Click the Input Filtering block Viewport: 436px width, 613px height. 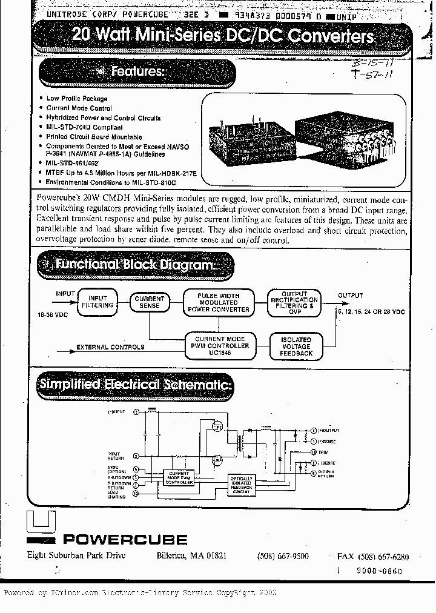(97, 302)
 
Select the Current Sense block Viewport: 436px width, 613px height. (150, 302)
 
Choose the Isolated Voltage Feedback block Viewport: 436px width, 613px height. (296, 346)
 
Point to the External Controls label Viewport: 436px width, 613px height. (110, 347)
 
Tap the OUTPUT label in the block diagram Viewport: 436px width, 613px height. (350, 296)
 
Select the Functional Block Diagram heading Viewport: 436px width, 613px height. (134, 265)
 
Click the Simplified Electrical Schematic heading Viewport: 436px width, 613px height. (135, 384)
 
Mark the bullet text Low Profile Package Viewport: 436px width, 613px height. (77, 98)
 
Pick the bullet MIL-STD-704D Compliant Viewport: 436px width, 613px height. (84, 127)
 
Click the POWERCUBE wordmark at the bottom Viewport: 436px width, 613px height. (125, 539)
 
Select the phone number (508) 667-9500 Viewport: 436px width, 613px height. (283, 556)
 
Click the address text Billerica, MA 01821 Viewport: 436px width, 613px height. (191, 556)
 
